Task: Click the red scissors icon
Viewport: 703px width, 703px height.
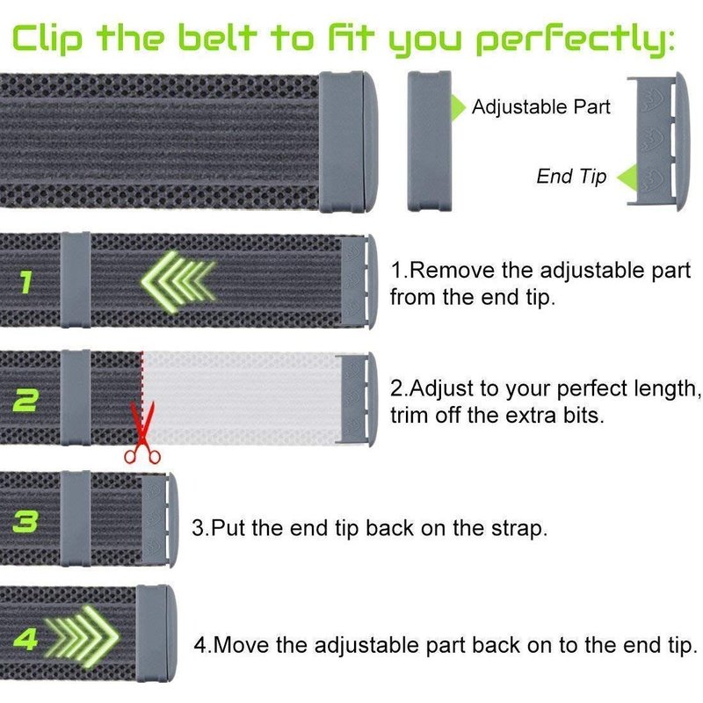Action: (x=141, y=432)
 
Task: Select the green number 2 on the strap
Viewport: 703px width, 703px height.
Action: (x=26, y=400)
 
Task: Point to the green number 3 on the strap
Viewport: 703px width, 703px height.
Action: (x=25, y=521)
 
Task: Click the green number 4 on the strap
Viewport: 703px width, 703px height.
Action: (x=25, y=638)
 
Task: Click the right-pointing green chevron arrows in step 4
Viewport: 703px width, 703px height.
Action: (x=83, y=635)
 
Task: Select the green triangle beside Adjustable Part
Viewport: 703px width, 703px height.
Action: (x=458, y=107)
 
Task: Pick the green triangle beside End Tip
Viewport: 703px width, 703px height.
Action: (x=627, y=178)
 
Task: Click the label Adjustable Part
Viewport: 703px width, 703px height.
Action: (x=541, y=107)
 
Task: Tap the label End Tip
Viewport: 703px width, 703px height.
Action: (x=571, y=177)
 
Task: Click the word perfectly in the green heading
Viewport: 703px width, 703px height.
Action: (x=576, y=38)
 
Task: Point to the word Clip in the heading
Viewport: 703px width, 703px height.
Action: (x=47, y=37)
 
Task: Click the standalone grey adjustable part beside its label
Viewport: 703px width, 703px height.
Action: (x=429, y=141)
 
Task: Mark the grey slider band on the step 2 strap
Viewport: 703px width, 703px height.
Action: (x=76, y=398)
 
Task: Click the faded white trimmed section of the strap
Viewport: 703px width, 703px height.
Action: (x=240, y=398)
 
